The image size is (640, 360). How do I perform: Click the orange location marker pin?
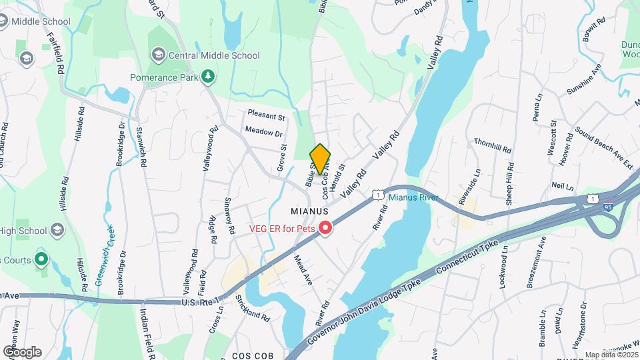(x=320, y=159)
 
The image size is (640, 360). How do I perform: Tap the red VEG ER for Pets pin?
(x=326, y=229)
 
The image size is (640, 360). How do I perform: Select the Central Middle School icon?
(x=159, y=55)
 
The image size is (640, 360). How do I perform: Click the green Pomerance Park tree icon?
(x=209, y=77)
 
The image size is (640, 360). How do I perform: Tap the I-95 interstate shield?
(x=608, y=208)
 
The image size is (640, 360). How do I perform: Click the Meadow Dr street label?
(x=264, y=132)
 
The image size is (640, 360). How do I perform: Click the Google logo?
(x=21, y=351)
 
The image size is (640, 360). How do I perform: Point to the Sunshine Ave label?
(x=584, y=79)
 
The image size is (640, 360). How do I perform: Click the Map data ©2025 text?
(x=611, y=355)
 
